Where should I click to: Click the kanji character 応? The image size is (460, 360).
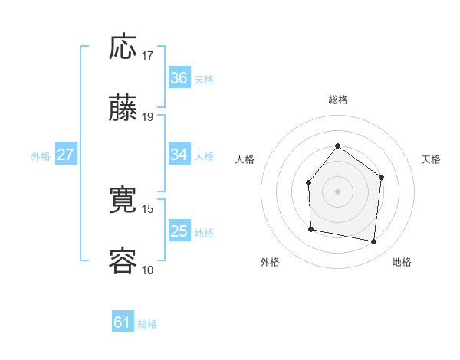pos(123,47)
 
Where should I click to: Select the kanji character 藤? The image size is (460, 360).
pos(123,109)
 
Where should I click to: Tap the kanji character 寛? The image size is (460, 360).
pos(123,201)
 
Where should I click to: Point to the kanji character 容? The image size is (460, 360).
pos(123,261)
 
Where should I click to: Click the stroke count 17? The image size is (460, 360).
pos(148,56)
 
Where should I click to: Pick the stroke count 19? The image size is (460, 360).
pos(148,117)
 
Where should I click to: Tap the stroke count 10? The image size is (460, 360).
pos(148,270)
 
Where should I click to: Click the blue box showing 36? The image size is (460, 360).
pos(179,78)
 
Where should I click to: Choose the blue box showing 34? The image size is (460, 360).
pos(179,155)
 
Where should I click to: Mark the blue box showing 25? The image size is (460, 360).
pos(179,231)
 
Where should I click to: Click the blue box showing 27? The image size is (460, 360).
pos(66,155)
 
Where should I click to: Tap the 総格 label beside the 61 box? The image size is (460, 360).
pos(147,324)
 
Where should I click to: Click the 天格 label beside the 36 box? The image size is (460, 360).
pos(204,79)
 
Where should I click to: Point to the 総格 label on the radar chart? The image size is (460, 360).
pos(337,100)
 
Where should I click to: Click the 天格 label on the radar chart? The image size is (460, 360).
pos(431,159)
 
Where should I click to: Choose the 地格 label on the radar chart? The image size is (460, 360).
pos(402,262)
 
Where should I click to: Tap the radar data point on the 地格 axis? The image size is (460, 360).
pos(373,241)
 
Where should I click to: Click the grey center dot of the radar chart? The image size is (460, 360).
pos(337,191)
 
